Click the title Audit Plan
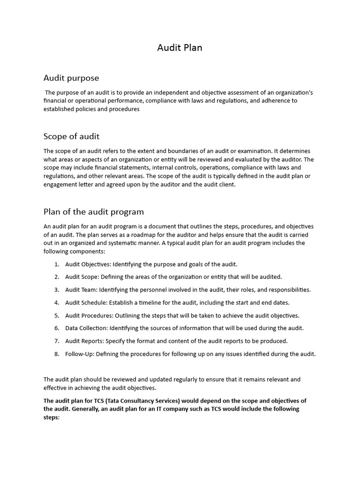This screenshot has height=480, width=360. (x=180, y=48)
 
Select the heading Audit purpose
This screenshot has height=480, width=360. (x=71, y=78)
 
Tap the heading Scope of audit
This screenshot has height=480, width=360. (x=71, y=136)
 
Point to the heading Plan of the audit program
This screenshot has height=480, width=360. (x=94, y=211)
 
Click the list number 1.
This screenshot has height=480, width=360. (x=56, y=264)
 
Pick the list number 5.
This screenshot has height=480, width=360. (x=56, y=315)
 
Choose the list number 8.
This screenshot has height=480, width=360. (x=56, y=354)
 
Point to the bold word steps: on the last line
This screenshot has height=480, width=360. (x=52, y=417)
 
